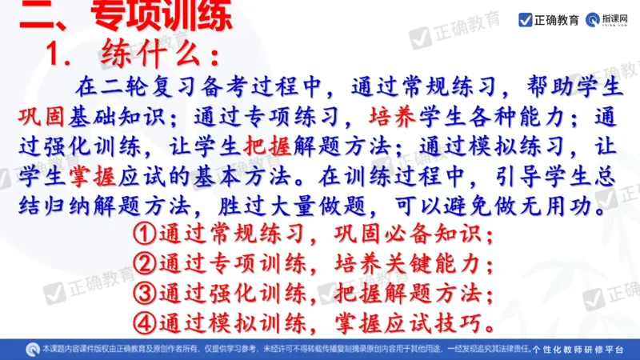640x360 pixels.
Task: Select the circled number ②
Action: coord(144,264)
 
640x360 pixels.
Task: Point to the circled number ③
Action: coord(144,293)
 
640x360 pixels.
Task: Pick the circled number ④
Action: coord(144,322)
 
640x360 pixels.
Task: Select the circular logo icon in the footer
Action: coord(32,349)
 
